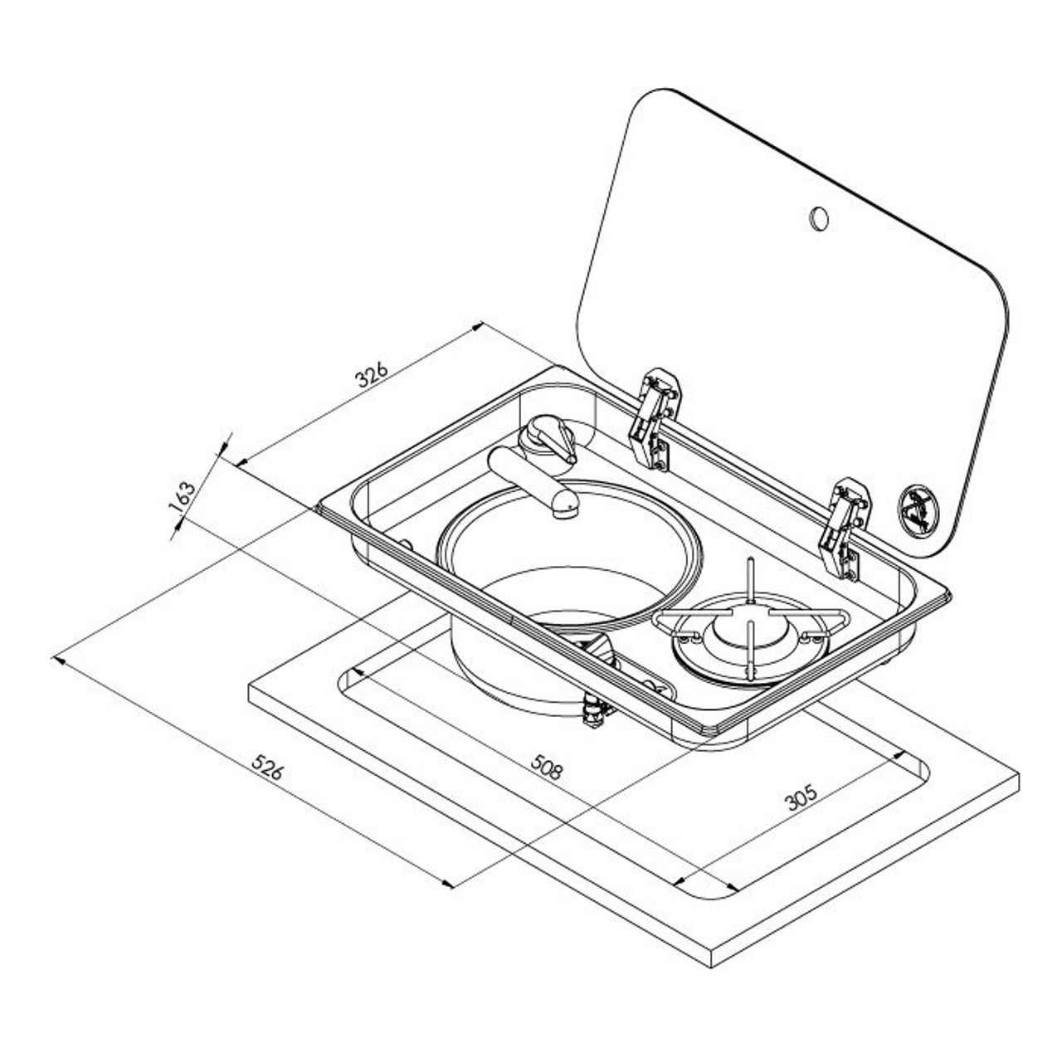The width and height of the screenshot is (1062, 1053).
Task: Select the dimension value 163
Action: (185, 500)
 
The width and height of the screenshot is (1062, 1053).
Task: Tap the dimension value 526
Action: (268, 769)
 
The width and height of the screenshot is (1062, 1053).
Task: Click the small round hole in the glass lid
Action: (818, 217)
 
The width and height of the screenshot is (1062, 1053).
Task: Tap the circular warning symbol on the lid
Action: (916, 508)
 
